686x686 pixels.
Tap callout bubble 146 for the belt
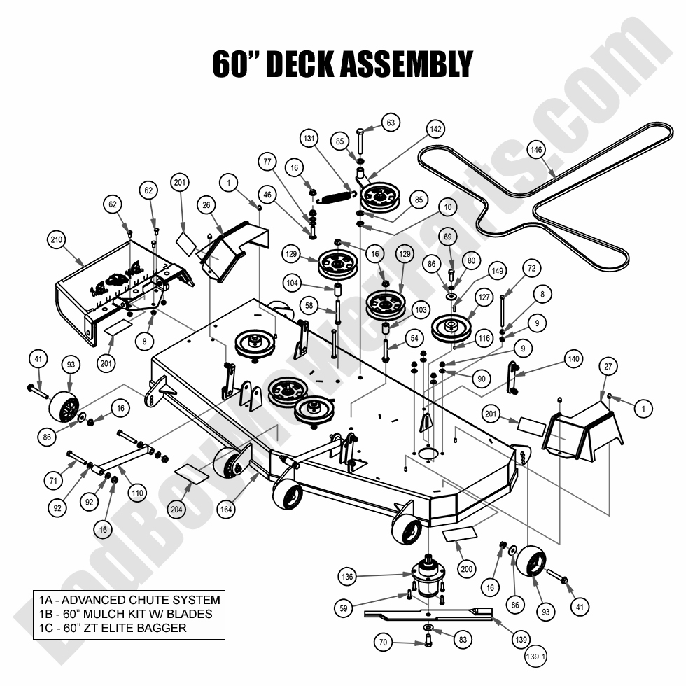[536, 150]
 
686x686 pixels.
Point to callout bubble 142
[435, 129]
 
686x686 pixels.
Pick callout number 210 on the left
[57, 240]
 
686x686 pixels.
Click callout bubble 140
[573, 360]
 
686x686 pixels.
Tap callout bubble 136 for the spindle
[347, 577]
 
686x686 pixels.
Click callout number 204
[177, 509]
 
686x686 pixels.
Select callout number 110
[137, 493]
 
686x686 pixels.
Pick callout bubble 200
[467, 569]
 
